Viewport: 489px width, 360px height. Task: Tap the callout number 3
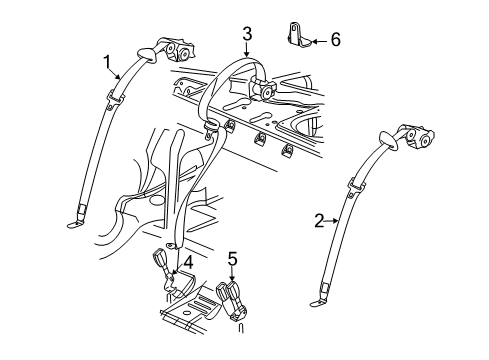[246, 38]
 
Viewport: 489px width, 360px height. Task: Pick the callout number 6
[335, 40]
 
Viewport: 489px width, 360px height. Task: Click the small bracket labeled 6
[296, 39]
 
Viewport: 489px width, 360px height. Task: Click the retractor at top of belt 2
[414, 141]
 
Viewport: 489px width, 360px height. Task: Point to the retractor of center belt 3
[265, 92]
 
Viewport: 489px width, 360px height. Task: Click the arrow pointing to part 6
[317, 41]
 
